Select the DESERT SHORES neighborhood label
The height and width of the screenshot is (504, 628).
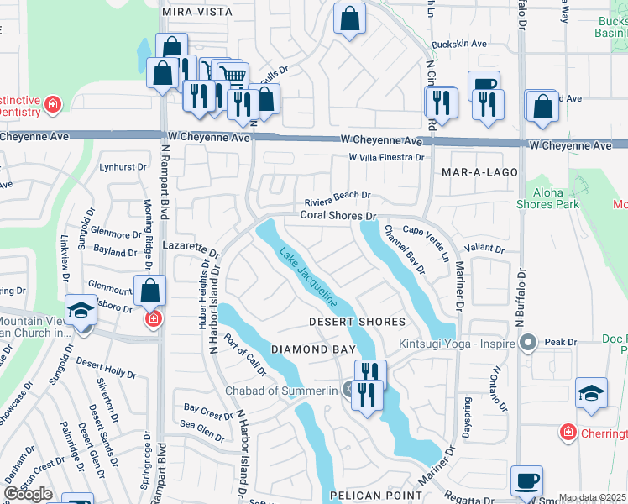(357, 322)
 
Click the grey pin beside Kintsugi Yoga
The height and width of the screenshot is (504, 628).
(527, 342)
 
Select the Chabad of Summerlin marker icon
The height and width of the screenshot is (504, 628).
(348, 388)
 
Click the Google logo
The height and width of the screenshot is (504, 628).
(28, 494)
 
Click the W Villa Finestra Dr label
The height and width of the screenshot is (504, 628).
(386, 157)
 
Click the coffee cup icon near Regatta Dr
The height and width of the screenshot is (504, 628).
(526, 481)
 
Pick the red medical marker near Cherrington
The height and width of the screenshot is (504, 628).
(568, 432)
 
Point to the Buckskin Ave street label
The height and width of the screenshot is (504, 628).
(458, 44)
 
